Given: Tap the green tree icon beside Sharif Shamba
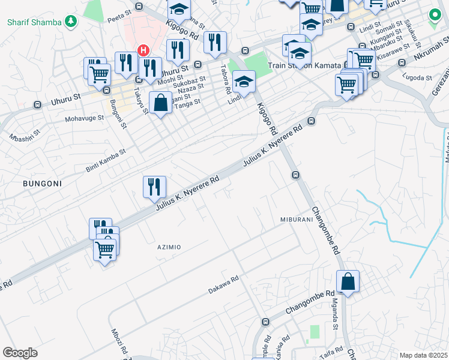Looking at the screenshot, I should click(x=71, y=22).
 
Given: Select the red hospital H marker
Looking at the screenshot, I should click(x=143, y=50).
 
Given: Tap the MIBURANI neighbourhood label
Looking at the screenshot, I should click(x=297, y=220).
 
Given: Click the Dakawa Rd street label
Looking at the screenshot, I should click(x=223, y=284).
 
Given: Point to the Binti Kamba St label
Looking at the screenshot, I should click(x=105, y=160).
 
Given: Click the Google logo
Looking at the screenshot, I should click(x=20, y=353).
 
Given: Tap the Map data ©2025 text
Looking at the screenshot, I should click(x=423, y=355).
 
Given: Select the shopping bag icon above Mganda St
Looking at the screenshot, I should click(x=348, y=281).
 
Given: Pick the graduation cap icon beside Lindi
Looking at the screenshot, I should click(x=244, y=81).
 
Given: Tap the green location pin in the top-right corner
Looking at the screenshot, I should click(x=433, y=16).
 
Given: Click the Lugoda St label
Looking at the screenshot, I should click(x=418, y=78).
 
